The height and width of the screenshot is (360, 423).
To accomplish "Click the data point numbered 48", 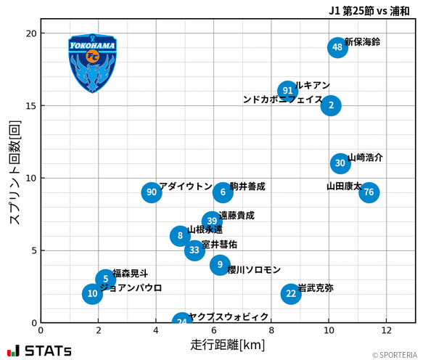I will pos(337,48).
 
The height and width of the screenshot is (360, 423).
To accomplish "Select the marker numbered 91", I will pos(288,91).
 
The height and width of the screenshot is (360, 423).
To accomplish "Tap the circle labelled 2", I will pos(331,105).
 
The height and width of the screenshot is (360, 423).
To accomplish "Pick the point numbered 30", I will pos(341,163).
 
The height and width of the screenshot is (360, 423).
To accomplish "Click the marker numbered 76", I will pos(369,192).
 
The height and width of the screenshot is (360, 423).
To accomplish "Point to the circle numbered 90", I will pos(151,192).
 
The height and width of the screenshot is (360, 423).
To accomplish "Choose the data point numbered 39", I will pos(212,221).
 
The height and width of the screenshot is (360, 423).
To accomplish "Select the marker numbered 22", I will pos(291,293).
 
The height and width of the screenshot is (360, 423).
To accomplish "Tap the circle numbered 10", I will pos(92,293).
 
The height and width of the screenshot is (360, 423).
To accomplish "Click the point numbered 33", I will pos(194,250).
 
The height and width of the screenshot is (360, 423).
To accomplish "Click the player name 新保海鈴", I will pos(362,42).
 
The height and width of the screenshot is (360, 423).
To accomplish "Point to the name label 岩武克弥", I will pos(316,288).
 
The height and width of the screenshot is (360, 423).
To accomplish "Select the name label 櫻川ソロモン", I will pos(254,270).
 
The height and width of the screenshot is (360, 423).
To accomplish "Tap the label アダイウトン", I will pos(186,187).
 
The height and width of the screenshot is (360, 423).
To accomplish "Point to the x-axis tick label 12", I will pos(386,331).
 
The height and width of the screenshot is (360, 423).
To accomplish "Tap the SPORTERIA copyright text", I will pos(395,355).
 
